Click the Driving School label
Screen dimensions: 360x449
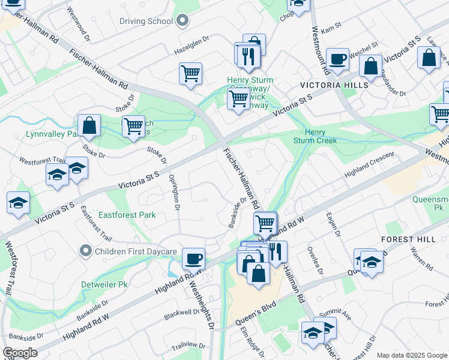point(146,21)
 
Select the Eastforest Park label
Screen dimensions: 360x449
point(127,215)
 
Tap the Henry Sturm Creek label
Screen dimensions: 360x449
point(315,136)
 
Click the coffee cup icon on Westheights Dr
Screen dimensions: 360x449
point(193,259)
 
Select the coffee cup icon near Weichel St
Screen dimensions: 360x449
point(338,59)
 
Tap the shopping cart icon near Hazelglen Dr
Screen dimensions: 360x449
point(190,74)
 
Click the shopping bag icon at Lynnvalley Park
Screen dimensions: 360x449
point(89,126)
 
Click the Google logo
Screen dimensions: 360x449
point(20,353)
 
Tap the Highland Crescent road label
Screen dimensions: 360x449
point(369,164)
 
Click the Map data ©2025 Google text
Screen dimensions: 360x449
point(411,355)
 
